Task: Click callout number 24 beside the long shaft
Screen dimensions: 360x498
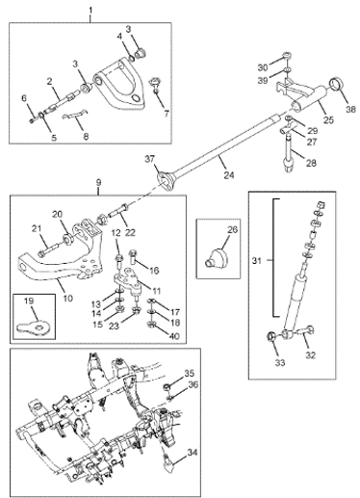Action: point(229,174)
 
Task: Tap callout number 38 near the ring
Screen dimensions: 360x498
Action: point(350,109)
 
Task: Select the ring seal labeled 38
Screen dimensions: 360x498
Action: point(336,85)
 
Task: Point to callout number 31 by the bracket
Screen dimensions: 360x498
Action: point(257,261)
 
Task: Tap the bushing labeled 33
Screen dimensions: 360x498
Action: point(272,337)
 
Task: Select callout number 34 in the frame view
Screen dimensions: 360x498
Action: point(193,454)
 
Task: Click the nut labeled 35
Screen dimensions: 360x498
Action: point(167,386)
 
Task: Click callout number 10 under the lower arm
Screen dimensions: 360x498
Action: point(67,299)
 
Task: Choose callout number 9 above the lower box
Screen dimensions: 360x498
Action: point(98,183)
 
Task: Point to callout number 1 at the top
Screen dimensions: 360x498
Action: point(90,11)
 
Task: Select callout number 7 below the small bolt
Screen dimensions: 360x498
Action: point(167,113)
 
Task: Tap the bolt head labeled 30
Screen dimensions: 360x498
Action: point(287,57)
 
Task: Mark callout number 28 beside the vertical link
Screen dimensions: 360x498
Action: point(311,163)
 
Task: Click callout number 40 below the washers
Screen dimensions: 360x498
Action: point(174,336)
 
